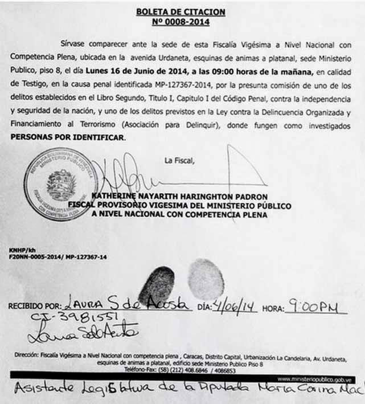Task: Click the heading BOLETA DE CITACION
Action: click(x=181, y=11)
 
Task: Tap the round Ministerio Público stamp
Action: click(x=61, y=184)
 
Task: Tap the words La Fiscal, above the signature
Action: click(x=179, y=160)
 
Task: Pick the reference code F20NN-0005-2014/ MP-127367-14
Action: click(x=58, y=257)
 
